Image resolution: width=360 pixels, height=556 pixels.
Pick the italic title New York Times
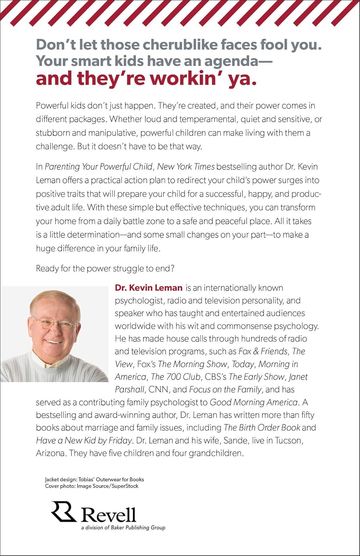(186, 167)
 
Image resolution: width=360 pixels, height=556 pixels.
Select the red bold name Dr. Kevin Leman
(148, 288)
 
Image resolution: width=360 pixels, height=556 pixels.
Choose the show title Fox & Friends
(263, 351)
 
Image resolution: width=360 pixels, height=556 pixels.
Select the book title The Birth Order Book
(262, 428)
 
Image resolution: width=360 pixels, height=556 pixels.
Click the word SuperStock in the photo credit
(125, 486)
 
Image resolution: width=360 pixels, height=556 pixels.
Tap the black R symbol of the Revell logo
(63, 512)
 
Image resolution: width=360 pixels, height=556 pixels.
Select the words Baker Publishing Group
(138, 527)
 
